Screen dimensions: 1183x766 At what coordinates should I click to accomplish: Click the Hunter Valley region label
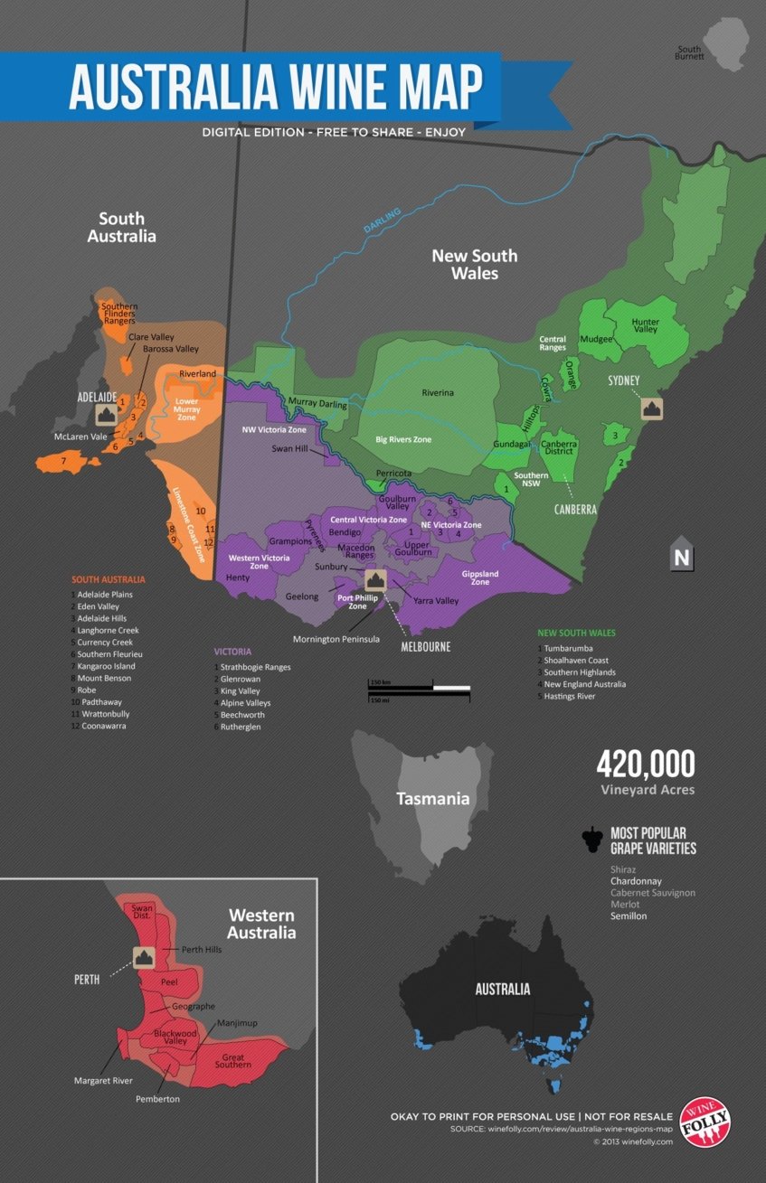point(645,327)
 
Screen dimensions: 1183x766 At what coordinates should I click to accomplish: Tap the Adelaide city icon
point(107,414)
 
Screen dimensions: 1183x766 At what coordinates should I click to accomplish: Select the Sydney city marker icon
point(650,408)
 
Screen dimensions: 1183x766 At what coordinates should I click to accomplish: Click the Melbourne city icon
point(376,579)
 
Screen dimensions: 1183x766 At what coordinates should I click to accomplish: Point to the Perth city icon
point(143,958)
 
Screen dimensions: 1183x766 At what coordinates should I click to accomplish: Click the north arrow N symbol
point(682,558)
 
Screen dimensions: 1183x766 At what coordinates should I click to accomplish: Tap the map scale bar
point(419,689)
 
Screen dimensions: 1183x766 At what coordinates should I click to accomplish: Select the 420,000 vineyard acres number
point(645,765)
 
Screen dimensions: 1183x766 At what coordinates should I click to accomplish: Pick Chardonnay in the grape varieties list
point(636,880)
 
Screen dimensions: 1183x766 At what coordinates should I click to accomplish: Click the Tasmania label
point(433,799)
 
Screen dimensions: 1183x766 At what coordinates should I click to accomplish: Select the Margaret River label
point(103,1080)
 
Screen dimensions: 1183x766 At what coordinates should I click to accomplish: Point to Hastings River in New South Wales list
point(570,696)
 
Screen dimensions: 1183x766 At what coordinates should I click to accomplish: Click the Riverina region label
point(437,392)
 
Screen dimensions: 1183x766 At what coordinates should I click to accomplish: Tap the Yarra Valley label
point(436,600)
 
